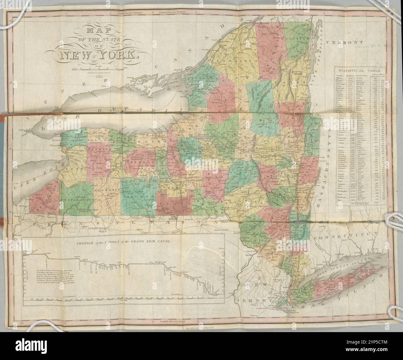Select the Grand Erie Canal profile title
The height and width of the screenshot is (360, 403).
[124, 241]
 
